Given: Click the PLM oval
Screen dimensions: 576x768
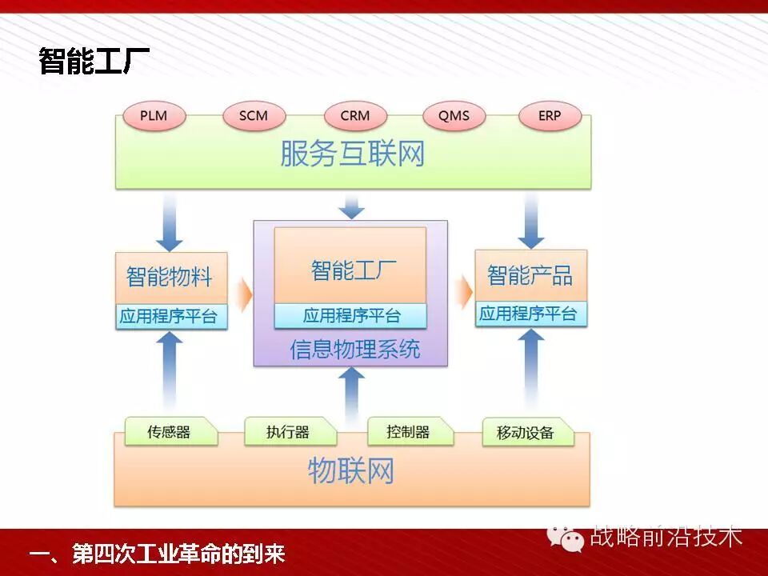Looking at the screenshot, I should [x=154, y=116].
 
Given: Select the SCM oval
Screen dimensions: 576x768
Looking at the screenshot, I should [x=254, y=116].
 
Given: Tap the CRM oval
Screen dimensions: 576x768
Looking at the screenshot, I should [x=355, y=116].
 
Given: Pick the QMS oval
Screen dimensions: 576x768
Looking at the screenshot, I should [x=454, y=116].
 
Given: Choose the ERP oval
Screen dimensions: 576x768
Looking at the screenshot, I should [x=550, y=116].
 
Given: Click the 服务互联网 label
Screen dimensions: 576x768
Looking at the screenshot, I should [x=352, y=154].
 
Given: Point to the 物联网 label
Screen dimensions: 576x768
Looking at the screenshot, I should [x=351, y=471].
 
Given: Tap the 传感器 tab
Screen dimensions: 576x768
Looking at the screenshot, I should [x=170, y=432].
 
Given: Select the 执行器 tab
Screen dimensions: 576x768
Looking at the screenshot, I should [x=288, y=433].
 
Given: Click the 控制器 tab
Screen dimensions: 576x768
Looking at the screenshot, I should [x=408, y=432].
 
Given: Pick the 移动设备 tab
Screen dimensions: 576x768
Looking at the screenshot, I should [x=526, y=433].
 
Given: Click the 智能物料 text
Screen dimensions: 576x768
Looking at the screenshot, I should [x=170, y=277].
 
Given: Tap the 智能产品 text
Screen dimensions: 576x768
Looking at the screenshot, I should [x=530, y=275].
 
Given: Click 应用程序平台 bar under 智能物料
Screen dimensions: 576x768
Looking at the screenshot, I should [x=170, y=316].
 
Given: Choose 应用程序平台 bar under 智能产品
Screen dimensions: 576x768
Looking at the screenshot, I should [x=530, y=314].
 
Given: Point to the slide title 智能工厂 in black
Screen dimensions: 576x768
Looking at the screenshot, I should [x=94, y=62].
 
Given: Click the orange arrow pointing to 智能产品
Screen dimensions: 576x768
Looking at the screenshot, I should [x=464, y=292].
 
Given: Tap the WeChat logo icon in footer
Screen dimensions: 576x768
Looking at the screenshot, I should [x=570, y=538].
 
